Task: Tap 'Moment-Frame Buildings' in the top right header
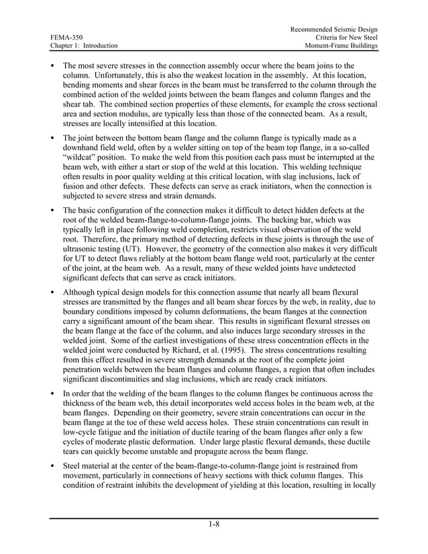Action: click(340, 46)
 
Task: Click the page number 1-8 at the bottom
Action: click(213, 524)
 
